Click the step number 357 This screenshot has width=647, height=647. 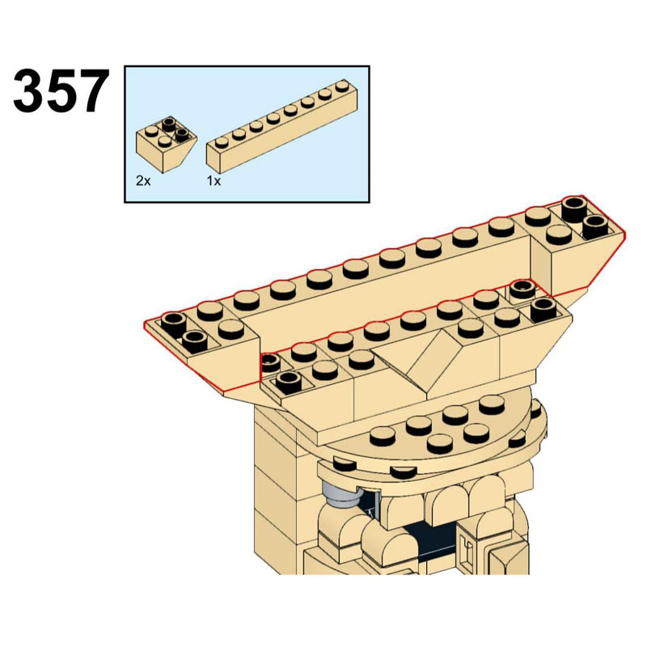(x=61, y=91)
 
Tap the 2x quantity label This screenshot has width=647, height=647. (x=143, y=181)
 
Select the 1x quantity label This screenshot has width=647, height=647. (x=214, y=181)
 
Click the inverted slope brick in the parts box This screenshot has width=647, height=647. (x=166, y=145)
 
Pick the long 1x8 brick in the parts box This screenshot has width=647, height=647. (x=281, y=127)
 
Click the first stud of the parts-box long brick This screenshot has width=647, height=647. (x=222, y=143)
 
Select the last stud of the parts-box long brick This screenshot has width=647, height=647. (x=341, y=87)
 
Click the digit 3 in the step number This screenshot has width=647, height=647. (x=29, y=91)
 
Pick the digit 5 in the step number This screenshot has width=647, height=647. (x=61, y=91)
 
